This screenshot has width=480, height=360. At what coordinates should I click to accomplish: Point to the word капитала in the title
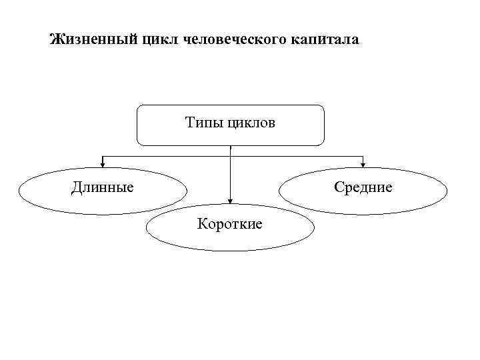325,40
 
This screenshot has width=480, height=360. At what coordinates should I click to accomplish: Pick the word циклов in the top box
251,123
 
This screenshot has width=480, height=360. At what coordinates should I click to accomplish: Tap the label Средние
363,187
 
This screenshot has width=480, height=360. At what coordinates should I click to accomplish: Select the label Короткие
230,223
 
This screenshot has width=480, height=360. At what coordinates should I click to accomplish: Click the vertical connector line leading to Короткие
230,177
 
